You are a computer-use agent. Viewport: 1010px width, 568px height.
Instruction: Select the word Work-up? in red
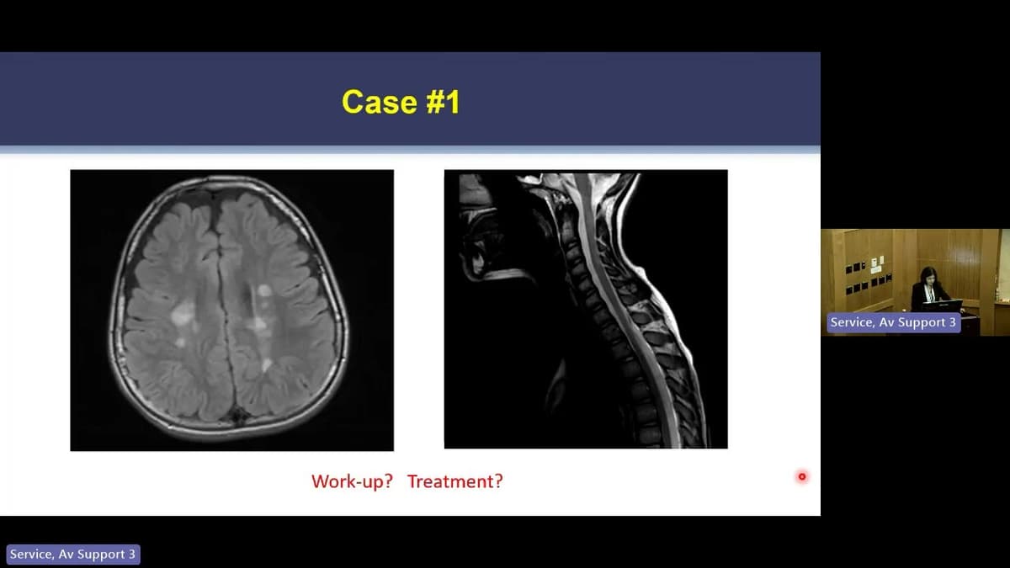[x=352, y=481]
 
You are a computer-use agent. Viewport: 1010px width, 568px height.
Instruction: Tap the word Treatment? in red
[x=455, y=481]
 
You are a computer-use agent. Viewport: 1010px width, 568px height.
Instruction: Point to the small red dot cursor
[x=802, y=476]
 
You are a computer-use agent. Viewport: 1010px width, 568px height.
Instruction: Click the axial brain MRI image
[x=231, y=310]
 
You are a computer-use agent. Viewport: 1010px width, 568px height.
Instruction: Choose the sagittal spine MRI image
[x=586, y=309]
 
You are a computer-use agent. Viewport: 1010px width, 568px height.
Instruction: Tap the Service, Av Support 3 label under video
[x=893, y=322]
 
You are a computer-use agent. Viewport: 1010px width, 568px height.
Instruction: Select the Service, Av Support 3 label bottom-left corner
[x=72, y=555]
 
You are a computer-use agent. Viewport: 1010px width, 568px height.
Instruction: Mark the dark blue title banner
[x=410, y=99]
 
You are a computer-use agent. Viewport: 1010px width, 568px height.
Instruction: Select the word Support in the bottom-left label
[x=102, y=555]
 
